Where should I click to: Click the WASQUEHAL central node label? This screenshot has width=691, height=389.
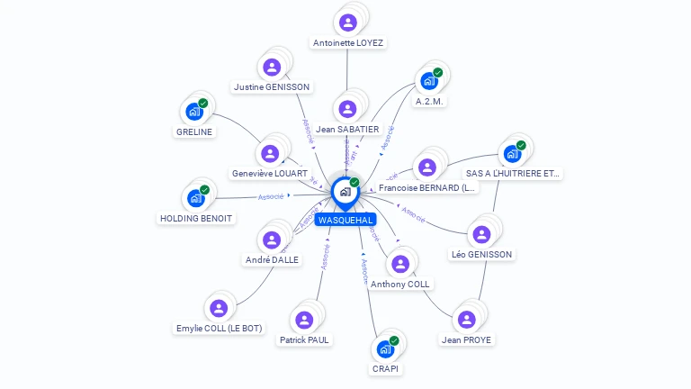345,220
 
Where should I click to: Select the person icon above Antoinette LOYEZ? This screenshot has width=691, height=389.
347,20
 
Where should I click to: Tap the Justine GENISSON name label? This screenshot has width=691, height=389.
271,87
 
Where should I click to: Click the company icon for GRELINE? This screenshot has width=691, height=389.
193,112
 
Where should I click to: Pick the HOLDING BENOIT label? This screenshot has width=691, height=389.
196,219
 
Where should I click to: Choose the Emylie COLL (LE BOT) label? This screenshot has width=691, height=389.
219,329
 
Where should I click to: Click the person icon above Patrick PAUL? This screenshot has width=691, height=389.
304,320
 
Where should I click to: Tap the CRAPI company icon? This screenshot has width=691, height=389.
385,348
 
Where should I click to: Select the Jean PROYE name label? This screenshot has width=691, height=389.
465,340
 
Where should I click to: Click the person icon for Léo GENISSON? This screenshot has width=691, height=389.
481,234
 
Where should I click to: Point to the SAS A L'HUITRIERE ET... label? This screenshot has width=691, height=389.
513,173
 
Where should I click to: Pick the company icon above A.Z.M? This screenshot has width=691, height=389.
429,81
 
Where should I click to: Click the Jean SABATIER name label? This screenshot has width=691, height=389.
347,130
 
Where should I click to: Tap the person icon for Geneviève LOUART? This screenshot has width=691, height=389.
270,153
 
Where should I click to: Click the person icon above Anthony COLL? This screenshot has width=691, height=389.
400,263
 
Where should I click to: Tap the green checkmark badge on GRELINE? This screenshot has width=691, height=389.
203,104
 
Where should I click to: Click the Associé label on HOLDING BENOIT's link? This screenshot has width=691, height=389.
271,196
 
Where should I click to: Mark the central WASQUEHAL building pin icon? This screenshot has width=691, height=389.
344,191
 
